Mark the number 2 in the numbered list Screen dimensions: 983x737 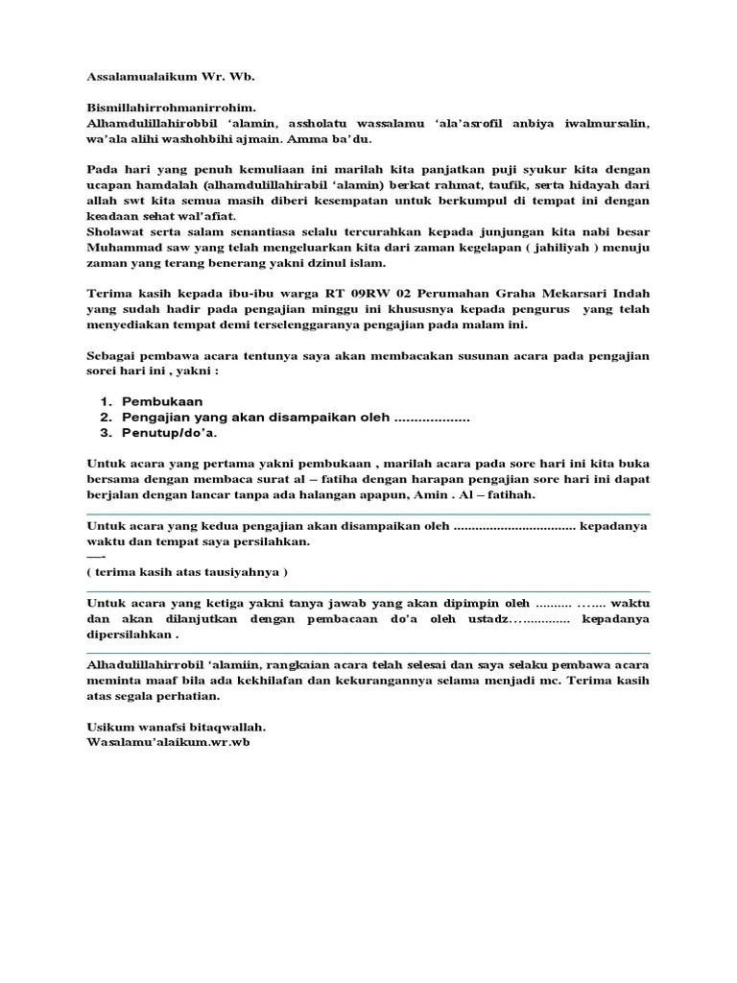click(x=105, y=418)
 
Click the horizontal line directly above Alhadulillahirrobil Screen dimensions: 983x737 click(x=368, y=654)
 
